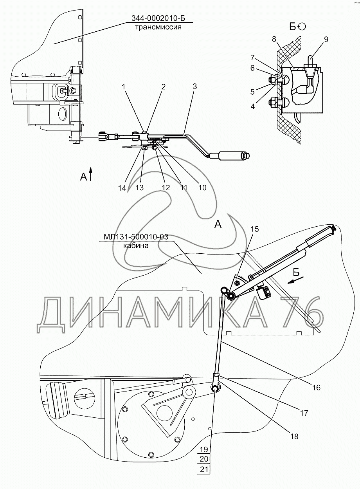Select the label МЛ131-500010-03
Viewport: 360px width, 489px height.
(x=136, y=236)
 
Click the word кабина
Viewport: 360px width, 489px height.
(x=136, y=246)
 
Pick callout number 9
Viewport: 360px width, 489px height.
(x=326, y=39)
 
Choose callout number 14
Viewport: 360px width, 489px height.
(x=123, y=188)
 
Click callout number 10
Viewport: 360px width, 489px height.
(x=202, y=188)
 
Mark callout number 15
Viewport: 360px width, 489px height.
(x=255, y=229)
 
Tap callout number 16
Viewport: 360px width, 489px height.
(x=316, y=388)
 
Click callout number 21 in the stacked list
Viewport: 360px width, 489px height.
(x=203, y=469)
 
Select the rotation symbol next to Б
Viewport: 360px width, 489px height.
(x=302, y=26)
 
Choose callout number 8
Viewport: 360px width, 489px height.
(x=274, y=39)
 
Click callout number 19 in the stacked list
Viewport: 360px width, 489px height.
(x=203, y=449)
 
